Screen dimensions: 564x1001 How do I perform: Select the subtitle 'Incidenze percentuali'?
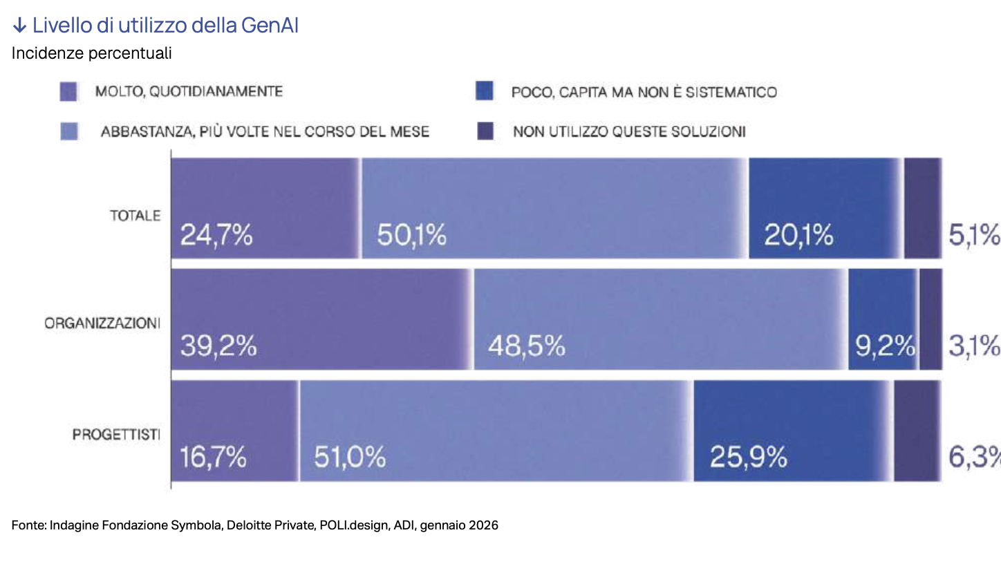click(x=91, y=53)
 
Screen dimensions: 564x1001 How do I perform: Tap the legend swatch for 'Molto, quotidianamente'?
click(x=68, y=92)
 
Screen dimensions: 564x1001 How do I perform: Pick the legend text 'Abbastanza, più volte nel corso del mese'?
click(x=265, y=131)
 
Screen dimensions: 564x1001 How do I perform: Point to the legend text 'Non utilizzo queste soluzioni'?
click(x=628, y=131)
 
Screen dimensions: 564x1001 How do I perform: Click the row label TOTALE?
click(x=135, y=216)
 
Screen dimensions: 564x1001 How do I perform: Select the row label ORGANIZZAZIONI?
click(x=102, y=323)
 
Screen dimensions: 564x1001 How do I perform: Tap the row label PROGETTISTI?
click(x=116, y=435)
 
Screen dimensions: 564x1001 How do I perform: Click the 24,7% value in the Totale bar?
click(x=216, y=236)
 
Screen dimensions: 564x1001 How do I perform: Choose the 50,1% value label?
click(x=411, y=236)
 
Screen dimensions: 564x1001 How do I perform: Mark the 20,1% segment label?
click(x=798, y=236)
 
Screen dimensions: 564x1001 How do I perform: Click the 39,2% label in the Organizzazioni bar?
click(x=218, y=346)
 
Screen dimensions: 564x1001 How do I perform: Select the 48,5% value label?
click(x=526, y=346)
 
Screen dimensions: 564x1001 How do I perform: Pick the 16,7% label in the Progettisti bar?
click(x=213, y=457)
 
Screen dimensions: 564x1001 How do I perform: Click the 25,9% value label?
click(x=749, y=457)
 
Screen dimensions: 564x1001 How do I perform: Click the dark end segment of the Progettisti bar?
click(x=917, y=430)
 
